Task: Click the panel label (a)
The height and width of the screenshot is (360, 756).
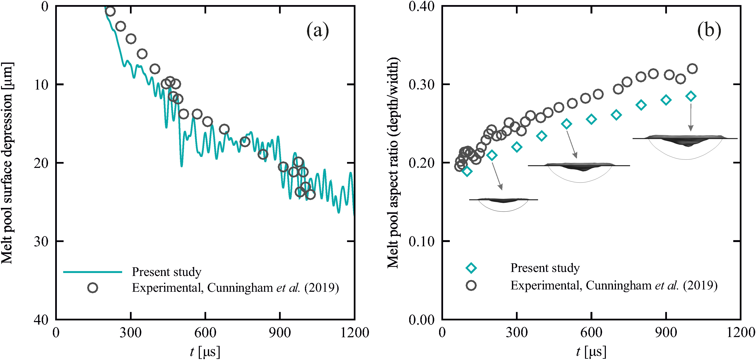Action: click(318, 30)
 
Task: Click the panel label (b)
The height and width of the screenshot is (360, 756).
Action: click(709, 30)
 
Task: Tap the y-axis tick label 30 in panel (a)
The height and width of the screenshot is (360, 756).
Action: click(41, 241)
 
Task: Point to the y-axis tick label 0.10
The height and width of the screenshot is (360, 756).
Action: click(421, 241)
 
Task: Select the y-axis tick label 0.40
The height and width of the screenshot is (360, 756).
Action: click(421, 7)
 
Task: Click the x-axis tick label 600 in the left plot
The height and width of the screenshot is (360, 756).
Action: click(205, 333)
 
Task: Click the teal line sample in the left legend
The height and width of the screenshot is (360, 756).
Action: click(92, 272)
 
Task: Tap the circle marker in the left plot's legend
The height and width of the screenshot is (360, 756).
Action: click(92, 288)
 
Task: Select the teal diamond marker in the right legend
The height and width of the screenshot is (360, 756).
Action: click(471, 268)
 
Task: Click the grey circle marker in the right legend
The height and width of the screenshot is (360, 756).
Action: click(471, 285)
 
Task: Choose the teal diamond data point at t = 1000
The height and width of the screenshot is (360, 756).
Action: click(691, 96)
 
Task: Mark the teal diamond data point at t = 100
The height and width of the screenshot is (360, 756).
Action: click(467, 171)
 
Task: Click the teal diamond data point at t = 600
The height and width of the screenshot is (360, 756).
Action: click(591, 119)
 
